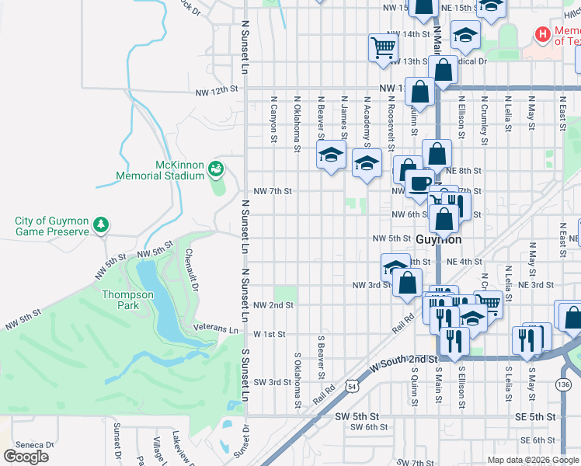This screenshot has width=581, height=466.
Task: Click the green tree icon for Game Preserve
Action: pos(100,225)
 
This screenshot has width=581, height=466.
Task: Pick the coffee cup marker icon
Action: pos(420,183)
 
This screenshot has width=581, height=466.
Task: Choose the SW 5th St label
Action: pos(357,416)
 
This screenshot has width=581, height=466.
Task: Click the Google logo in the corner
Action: pos(26,457)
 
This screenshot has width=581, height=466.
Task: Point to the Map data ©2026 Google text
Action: pos(532,460)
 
